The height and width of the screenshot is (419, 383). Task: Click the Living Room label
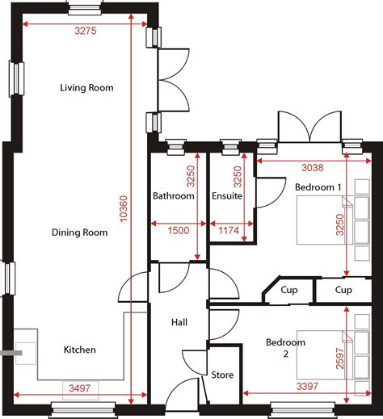(86, 87)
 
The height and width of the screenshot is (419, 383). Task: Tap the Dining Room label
(79, 233)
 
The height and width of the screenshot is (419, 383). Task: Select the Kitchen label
(80, 350)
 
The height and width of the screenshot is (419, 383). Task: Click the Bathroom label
(174, 196)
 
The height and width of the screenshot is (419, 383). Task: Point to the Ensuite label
(227, 196)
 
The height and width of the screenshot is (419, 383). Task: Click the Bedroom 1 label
(318, 186)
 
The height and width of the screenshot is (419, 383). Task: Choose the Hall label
(179, 322)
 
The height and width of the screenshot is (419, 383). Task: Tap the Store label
(222, 375)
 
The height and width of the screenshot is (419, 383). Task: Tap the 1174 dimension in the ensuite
(230, 231)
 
